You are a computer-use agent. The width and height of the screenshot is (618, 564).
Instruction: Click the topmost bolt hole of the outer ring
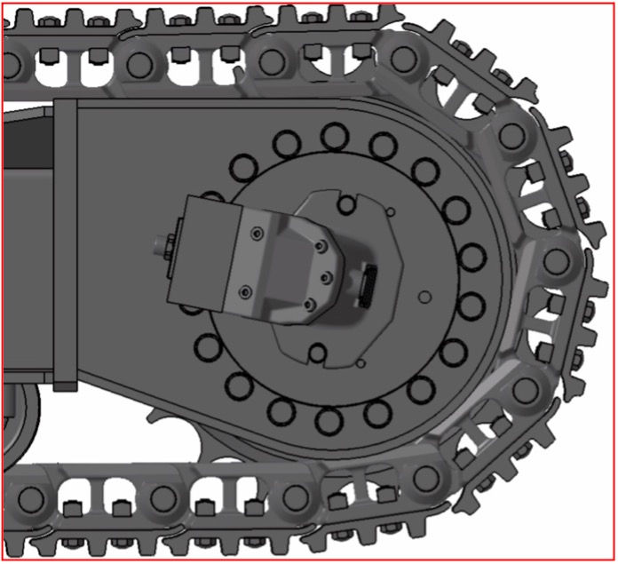tap(335, 136)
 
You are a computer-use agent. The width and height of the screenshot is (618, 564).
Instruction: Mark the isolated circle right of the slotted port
tap(424, 296)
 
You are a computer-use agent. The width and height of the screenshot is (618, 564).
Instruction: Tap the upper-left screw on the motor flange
tap(256, 233)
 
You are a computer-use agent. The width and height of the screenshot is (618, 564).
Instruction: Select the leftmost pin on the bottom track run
tap(32, 498)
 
